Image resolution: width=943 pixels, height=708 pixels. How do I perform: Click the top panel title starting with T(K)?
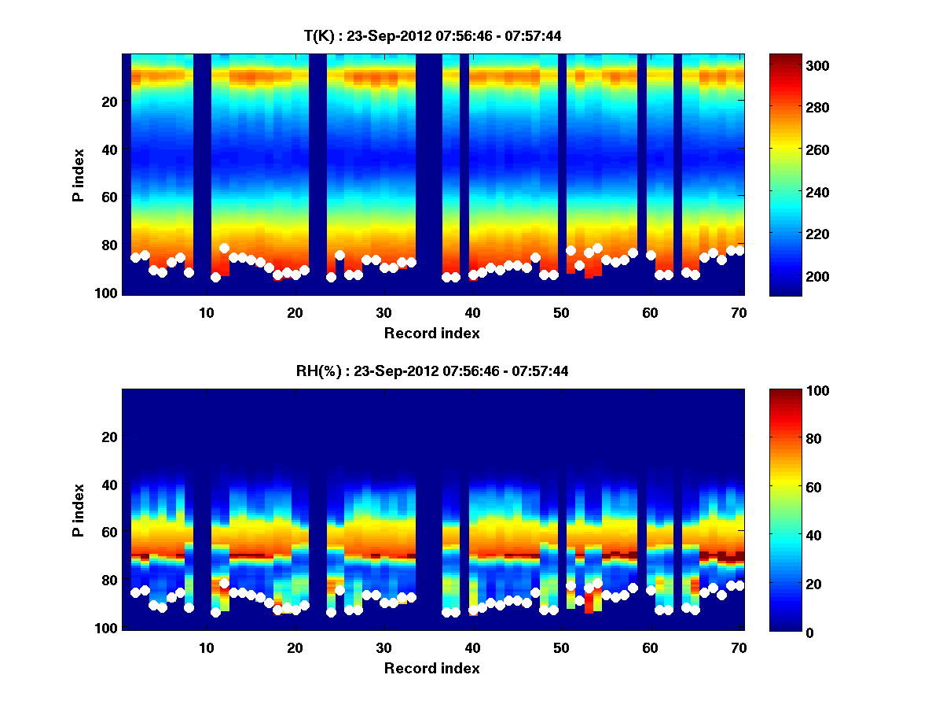(432, 35)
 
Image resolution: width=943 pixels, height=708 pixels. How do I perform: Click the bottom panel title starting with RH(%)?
(432, 371)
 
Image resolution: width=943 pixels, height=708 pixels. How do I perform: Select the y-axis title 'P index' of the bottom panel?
(79, 510)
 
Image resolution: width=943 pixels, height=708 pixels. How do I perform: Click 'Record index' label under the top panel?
(432, 333)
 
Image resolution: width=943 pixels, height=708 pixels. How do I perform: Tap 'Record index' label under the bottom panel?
(432, 668)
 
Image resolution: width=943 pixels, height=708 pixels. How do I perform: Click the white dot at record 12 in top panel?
(224, 249)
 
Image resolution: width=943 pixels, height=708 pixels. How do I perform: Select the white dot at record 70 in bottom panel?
(739, 585)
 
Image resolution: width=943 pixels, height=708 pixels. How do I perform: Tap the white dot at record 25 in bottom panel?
(339, 590)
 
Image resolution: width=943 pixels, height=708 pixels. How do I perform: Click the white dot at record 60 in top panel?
(651, 255)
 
